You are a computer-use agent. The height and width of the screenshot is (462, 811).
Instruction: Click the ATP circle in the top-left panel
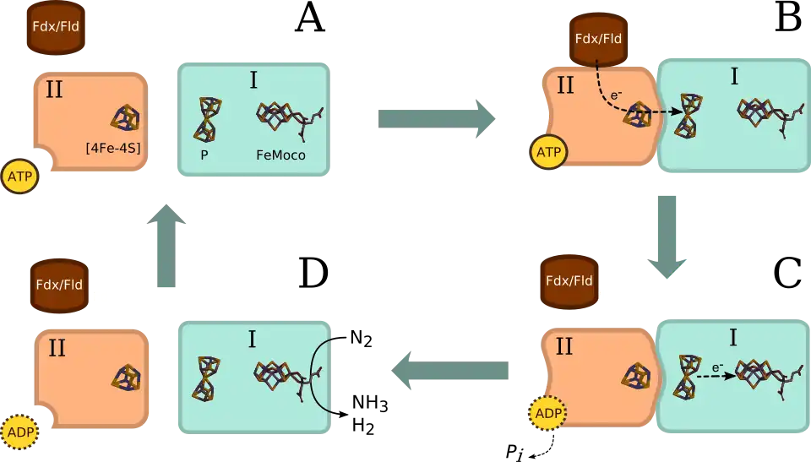coord(19,177)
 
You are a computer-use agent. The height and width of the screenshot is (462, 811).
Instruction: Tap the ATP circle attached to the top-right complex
coord(549,153)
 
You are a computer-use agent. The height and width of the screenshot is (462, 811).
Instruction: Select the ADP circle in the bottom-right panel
coord(547,414)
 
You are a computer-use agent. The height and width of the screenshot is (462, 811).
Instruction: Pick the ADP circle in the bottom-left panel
coord(19,432)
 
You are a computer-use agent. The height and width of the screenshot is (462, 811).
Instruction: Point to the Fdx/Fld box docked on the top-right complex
coord(598,40)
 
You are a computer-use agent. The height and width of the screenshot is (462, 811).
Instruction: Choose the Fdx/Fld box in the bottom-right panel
coord(569,281)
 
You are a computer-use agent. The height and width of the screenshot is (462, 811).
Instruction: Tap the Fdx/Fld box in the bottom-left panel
coord(59,285)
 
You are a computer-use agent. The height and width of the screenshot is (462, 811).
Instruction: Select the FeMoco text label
coord(280,155)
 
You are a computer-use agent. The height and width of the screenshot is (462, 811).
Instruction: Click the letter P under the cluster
coord(204,155)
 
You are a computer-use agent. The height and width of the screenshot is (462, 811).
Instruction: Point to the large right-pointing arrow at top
coord(436,117)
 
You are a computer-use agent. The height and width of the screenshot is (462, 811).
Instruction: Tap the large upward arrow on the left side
coord(166,248)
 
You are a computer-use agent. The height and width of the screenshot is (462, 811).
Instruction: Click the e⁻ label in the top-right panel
coord(617,95)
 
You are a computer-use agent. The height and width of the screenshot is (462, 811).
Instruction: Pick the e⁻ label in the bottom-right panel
coord(717,367)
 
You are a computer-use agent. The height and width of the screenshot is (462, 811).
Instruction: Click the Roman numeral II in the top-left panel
coord(54,90)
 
